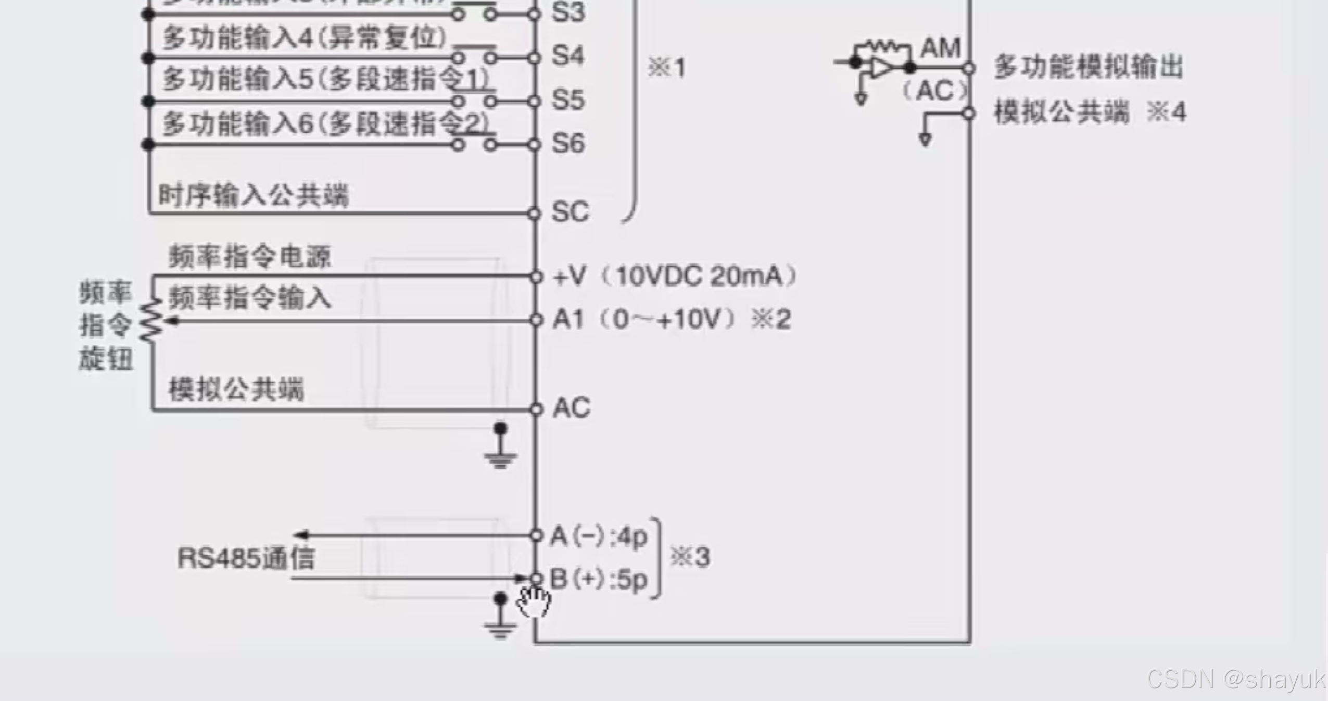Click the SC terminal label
point(570,211)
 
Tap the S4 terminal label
point(567,55)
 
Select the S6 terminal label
point(568,143)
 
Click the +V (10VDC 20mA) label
point(675,276)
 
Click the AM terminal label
point(940,48)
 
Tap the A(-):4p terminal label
point(599,536)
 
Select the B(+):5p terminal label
point(599,579)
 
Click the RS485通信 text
point(246,558)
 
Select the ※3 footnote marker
point(690,557)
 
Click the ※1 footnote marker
point(666,68)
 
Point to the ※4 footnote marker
point(1167,112)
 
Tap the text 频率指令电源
point(250,257)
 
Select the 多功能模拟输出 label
point(1089,68)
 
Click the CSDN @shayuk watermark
point(1236,679)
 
